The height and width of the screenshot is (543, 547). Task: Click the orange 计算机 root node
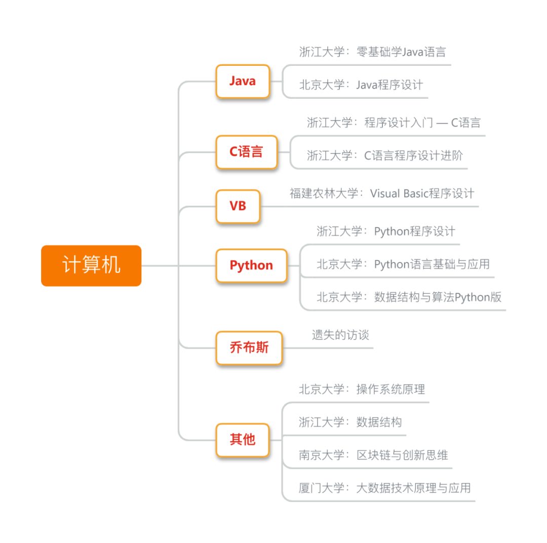pos(91,265)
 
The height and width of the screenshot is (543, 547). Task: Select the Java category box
pos(243,81)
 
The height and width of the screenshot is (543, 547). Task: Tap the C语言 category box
pos(247,152)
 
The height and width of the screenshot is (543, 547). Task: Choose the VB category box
pos(238,206)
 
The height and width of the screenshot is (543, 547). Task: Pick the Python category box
pos(251,265)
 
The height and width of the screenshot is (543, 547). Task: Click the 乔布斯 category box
pos(249,348)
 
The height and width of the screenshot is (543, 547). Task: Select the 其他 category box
pos(243,439)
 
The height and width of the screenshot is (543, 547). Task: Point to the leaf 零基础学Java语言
pos(372,52)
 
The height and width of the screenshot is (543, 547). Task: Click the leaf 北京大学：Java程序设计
pos(361,85)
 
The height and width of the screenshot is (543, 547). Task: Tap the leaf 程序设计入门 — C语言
pos(394,123)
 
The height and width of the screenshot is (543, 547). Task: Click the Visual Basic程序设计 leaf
pos(382,193)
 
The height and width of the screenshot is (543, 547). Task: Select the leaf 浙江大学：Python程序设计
pos(386,231)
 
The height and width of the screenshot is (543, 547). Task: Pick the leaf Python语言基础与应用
pos(403,264)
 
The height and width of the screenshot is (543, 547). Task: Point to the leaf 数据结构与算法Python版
pos(409,297)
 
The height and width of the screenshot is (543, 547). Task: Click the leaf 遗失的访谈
pos(340,335)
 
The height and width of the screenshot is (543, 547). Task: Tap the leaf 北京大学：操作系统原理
pos(362,390)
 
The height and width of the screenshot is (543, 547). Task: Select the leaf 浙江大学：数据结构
pos(350,422)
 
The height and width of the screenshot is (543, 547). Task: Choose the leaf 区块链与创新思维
pos(373,455)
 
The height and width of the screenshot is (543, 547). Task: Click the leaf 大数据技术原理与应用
pos(384,488)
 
